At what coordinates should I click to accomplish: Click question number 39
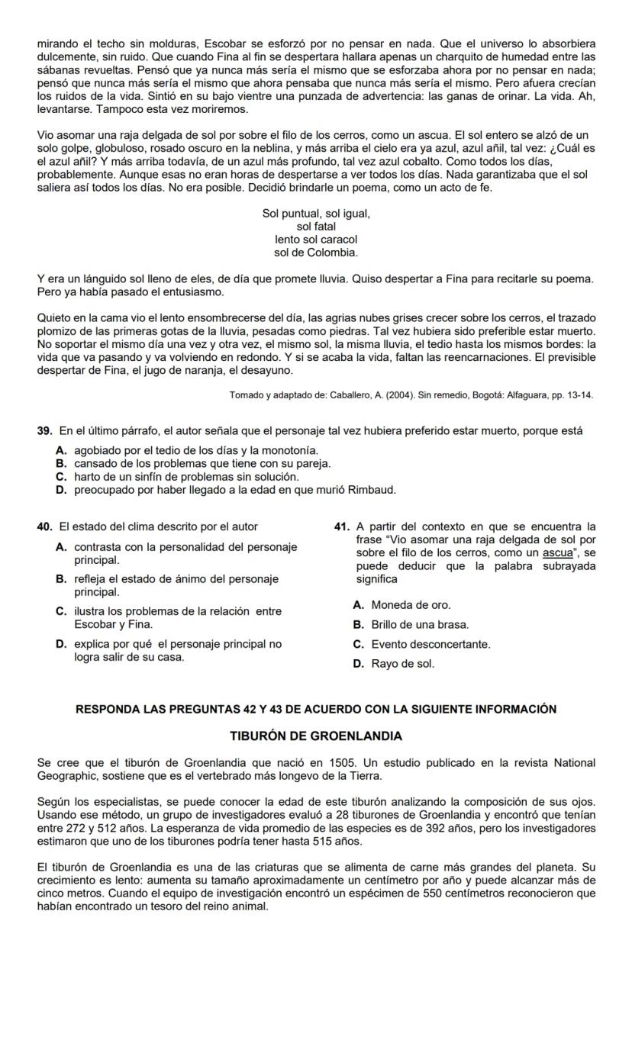tap(44, 432)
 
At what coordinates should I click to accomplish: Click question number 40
tap(44, 526)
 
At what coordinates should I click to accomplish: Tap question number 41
tap(342, 526)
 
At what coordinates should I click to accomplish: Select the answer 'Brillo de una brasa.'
tap(420, 625)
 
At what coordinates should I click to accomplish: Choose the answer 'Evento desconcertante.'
tap(430, 645)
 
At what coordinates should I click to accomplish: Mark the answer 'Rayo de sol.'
tap(403, 664)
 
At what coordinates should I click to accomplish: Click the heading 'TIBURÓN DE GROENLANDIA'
tap(316, 736)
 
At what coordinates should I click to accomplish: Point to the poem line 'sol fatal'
tap(316, 227)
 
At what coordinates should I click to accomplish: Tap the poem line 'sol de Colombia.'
tap(316, 252)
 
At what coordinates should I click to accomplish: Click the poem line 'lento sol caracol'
tap(316, 240)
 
